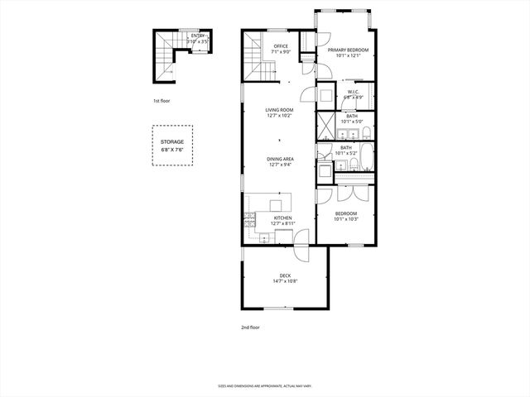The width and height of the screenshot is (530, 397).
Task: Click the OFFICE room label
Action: (x=281, y=47)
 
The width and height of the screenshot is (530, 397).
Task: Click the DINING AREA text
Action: (x=281, y=159)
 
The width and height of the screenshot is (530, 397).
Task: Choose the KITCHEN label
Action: (x=282, y=218)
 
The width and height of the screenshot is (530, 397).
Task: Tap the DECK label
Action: (x=285, y=275)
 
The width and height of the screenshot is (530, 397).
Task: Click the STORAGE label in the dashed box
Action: (x=172, y=141)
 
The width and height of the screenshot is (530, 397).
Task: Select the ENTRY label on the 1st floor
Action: (x=197, y=36)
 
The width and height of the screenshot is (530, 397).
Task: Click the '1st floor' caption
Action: (x=161, y=101)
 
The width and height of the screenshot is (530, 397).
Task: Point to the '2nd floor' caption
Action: (x=250, y=328)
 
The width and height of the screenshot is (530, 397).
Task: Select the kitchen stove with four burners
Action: (x=248, y=221)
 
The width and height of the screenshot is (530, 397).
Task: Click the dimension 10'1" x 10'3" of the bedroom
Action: (x=345, y=219)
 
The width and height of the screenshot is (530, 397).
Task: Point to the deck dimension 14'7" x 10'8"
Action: (x=285, y=281)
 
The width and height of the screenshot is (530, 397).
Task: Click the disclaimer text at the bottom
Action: (x=264, y=385)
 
